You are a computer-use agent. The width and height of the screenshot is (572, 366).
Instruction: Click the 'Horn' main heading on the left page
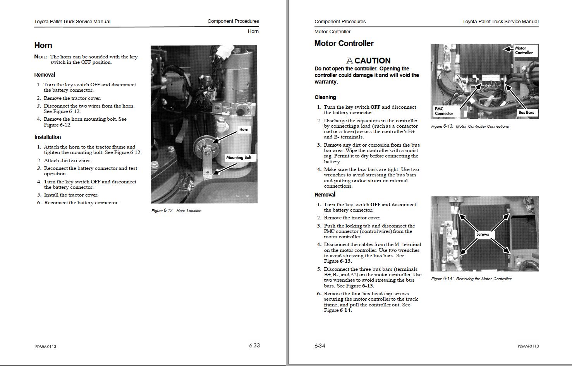(43, 45)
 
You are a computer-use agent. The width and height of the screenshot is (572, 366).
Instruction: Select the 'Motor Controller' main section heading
(344, 43)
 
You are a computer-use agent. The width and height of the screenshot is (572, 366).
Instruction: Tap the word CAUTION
(372, 60)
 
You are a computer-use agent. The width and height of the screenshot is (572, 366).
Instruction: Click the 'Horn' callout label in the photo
(244, 130)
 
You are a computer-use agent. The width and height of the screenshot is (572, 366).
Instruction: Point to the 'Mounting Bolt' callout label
(239, 157)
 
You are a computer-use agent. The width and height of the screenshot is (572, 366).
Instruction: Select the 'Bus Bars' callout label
(526, 113)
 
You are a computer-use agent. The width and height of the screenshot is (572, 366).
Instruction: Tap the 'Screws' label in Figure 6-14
(483, 234)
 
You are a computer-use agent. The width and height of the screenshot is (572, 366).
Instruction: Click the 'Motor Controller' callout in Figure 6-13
(524, 50)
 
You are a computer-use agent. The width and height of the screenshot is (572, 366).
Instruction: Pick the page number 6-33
(254, 345)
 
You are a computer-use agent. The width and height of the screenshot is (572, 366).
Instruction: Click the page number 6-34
(320, 345)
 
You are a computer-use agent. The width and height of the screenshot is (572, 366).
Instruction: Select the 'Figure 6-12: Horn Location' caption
(176, 211)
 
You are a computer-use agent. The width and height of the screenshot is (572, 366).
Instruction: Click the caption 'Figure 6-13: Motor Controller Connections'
(470, 127)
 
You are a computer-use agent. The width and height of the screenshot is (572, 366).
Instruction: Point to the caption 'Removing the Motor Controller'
(483, 279)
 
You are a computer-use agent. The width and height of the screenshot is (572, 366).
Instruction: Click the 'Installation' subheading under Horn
(48, 137)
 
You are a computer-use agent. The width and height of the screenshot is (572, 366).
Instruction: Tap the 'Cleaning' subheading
(325, 97)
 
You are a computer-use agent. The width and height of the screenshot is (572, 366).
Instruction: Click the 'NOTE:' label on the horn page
(41, 57)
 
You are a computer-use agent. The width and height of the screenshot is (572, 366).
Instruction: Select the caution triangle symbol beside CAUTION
(349, 61)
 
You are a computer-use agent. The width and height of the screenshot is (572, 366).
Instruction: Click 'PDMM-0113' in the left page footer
(46, 347)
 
